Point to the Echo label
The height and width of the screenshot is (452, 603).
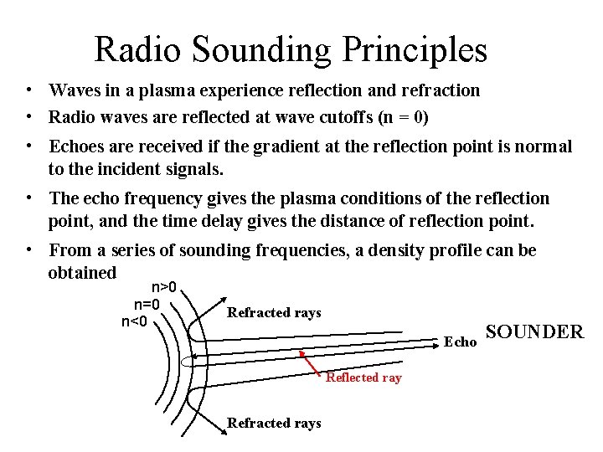point(460,342)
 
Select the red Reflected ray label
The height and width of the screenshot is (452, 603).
point(363,378)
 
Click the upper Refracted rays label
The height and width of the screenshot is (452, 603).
point(274,313)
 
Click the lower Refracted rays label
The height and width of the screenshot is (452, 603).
point(274,424)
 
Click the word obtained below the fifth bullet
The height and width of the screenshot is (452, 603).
point(82,273)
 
